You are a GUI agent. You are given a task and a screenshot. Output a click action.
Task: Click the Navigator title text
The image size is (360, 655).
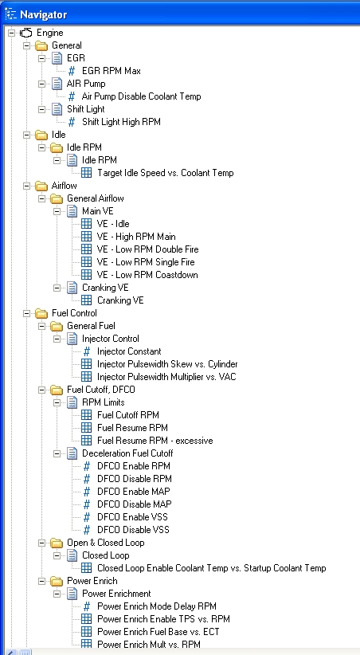[44, 14]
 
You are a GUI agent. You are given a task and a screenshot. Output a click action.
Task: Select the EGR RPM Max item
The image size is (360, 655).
[111, 71]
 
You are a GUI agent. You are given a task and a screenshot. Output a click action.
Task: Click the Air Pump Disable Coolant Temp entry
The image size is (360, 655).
[142, 96]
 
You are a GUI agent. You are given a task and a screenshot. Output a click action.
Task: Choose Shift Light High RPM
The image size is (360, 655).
[121, 122]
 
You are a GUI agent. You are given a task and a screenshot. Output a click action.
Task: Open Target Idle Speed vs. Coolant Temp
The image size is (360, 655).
[166, 173]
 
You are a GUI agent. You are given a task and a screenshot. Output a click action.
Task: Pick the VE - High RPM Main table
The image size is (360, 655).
[136, 237]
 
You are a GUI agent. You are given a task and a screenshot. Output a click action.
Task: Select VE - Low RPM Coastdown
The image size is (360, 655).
[147, 275]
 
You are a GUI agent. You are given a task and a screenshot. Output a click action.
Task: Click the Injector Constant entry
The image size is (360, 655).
[129, 351]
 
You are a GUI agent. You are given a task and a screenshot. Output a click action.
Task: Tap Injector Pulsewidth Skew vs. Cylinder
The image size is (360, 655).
[167, 364]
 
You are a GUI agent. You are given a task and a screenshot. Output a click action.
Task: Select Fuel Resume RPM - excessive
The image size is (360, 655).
[155, 441]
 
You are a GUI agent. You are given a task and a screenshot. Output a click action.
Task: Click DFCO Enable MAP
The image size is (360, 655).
[134, 492]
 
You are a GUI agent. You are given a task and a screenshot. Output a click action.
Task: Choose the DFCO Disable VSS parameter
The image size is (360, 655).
[133, 530]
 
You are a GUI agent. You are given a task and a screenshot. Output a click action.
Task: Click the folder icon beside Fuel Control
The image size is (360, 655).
[41, 313]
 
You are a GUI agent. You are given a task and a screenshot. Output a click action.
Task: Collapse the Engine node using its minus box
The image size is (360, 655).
[11, 33]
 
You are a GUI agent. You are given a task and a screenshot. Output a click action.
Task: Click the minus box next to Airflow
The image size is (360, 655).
[27, 186]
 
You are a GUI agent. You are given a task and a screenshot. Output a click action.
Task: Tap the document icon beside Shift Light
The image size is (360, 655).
[57, 109]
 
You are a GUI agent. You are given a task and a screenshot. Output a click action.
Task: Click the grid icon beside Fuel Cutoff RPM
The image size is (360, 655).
[86, 415]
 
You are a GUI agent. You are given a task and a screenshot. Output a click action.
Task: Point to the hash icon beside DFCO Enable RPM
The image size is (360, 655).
[87, 466]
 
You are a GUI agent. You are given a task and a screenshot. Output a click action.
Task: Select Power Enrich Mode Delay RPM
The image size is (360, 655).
[157, 606]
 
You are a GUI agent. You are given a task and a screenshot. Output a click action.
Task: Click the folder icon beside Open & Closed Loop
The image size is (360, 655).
[57, 543]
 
